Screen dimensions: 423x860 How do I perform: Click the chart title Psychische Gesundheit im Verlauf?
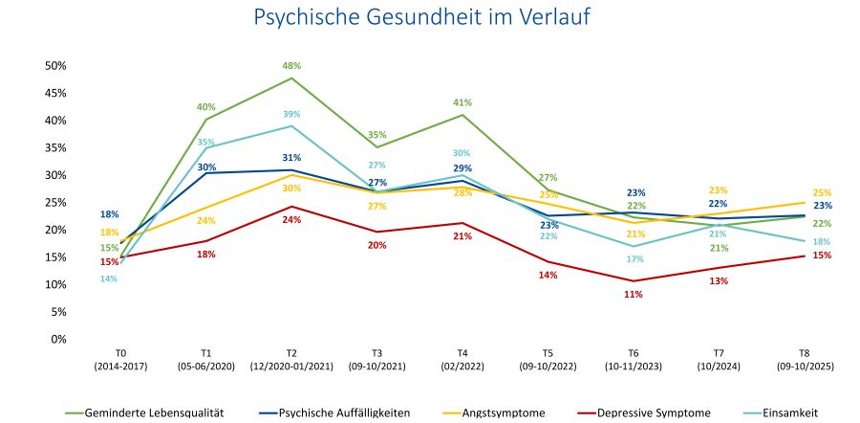click(x=429, y=18)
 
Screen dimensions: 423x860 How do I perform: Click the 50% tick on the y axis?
click(x=55, y=66)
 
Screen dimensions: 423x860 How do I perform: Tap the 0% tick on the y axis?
click(x=58, y=339)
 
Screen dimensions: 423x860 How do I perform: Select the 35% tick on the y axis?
click(x=55, y=148)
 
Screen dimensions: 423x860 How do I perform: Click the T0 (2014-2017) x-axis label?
click(x=120, y=359)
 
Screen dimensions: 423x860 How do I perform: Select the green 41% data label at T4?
click(x=462, y=102)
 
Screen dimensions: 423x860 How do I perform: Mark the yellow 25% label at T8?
click(x=822, y=192)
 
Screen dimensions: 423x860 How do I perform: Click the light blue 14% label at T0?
click(x=109, y=278)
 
